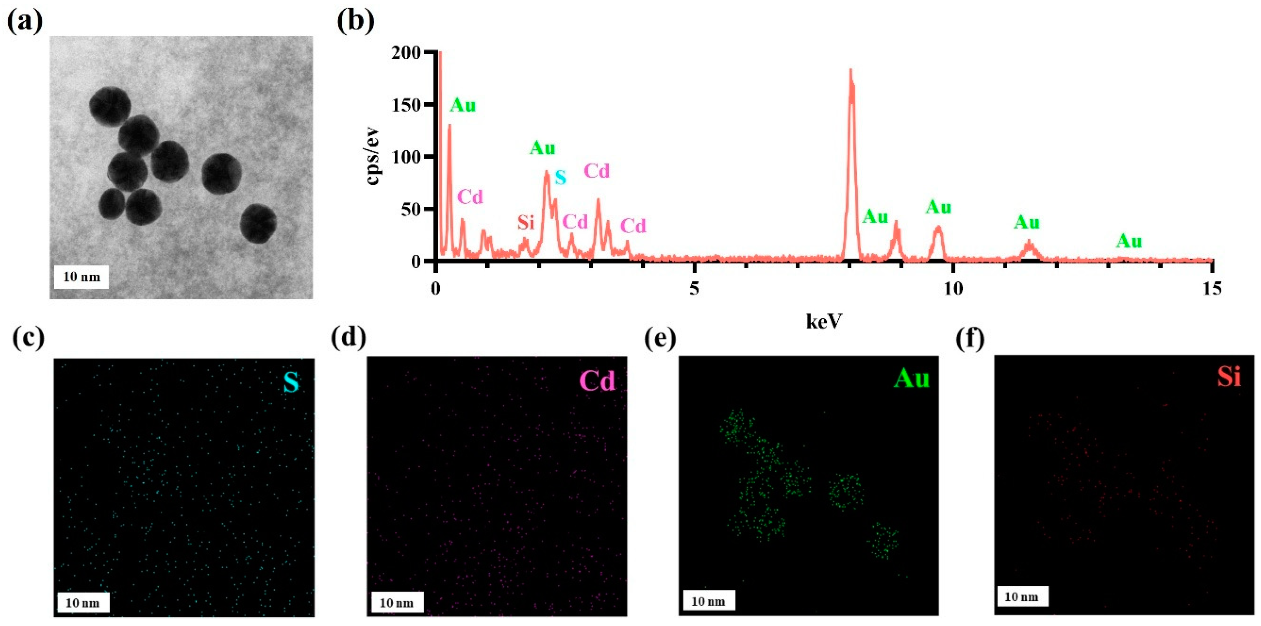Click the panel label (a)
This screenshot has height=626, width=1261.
(x=25, y=22)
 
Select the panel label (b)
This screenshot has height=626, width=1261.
(x=356, y=22)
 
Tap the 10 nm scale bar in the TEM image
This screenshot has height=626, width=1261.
(x=81, y=277)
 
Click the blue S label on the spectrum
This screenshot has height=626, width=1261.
(x=560, y=178)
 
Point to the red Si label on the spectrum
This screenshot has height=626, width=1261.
(x=526, y=223)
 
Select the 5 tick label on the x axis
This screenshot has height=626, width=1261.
(x=694, y=288)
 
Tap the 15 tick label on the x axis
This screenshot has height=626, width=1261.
(x=1212, y=288)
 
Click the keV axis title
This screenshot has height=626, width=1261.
(x=824, y=321)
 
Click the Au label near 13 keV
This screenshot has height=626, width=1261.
(x=1129, y=241)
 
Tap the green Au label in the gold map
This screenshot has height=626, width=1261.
(x=911, y=379)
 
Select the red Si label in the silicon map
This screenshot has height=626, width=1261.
(x=1229, y=377)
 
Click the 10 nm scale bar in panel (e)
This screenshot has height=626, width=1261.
(x=707, y=601)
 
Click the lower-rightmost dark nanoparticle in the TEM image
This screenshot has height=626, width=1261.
(x=258, y=224)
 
